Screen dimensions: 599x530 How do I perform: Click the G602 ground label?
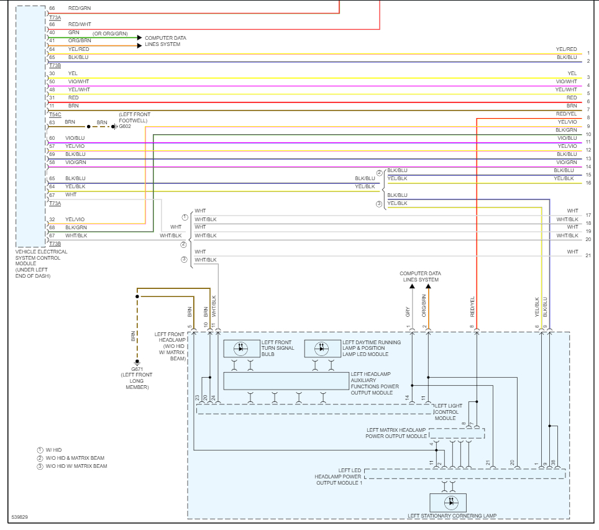click(x=125, y=127)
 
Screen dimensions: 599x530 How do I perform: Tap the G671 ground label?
click(x=137, y=369)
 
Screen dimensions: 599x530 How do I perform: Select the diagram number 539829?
click(x=19, y=517)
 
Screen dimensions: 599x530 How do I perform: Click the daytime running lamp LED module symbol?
click(x=322, y=349)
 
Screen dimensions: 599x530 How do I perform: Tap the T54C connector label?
click(x=55, y=114)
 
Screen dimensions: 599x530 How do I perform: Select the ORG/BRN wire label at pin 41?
click(x=80, y=40)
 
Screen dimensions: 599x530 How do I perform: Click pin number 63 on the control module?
click(x=52, y=122)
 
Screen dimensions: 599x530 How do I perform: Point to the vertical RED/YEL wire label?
click(x=472, y=307)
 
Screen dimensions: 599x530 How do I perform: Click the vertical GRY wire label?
click(x=408, y=312)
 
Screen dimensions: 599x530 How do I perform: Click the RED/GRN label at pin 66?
click(x=80, y=8)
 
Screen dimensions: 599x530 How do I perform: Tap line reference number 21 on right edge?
click(x=588, y=255)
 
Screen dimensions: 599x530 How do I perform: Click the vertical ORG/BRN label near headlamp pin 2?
click(x=424, y=306)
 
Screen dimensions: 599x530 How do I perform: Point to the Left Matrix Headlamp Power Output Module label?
click(x=396, y=433)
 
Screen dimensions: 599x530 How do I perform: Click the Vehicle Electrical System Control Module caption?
click(x=41, y=263)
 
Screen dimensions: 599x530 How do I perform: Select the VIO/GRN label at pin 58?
click(x=76, y=162)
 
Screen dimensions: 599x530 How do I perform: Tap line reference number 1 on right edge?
click(x=588, y=53)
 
